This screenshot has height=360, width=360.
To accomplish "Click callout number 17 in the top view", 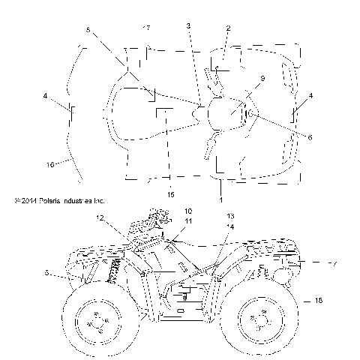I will [x=146, y=28].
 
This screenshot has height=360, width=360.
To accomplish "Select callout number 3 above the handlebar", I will [x=189, y=26].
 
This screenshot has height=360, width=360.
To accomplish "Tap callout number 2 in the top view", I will [x=228, y=28].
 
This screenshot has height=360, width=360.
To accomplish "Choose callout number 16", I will [x=50, y=163].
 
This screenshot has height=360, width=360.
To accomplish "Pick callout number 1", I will [x=220, y=201].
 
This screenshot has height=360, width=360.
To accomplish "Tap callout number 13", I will [x=231, y=215].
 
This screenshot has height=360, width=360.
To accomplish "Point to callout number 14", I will [x=231, y=226].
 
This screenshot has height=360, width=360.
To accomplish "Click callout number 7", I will [x=334, y=264].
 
